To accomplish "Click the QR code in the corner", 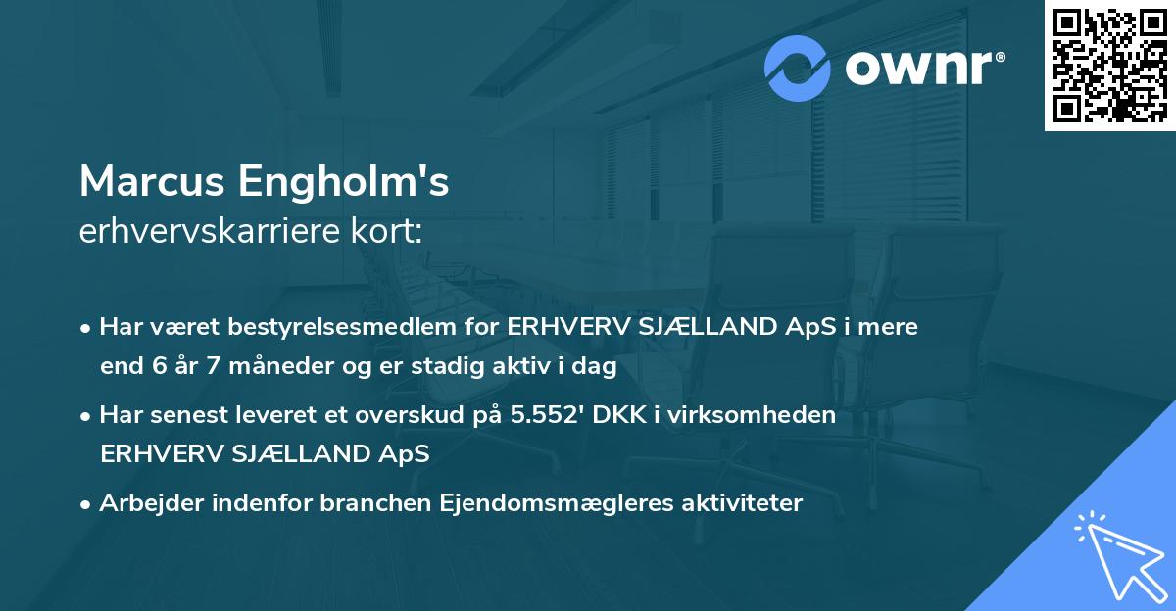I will [1109, 66].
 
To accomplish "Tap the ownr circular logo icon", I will [798, 69].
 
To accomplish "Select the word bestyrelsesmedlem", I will [323, 327].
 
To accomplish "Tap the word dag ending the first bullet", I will [596, 368].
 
